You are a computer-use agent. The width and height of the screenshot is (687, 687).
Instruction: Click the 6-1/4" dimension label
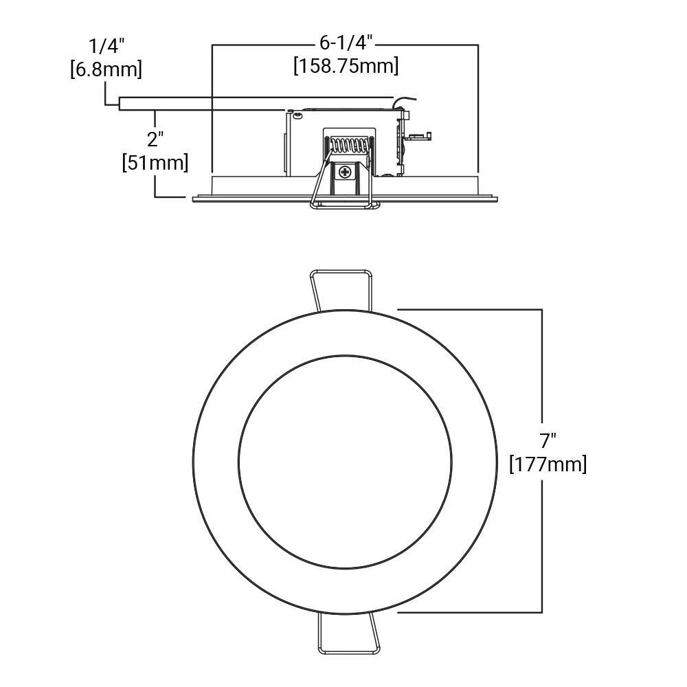(x=346, y=43)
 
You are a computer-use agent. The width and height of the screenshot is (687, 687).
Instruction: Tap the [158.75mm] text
(x=346, y=66)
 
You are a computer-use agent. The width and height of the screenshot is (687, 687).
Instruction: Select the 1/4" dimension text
(x=106, y=45)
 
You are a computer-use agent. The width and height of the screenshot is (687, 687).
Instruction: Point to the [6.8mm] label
(x=106, y=69)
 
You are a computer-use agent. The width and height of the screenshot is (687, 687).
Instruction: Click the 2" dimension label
(x=155, y=139)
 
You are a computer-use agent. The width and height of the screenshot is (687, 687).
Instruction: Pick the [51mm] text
(x=155, y=162)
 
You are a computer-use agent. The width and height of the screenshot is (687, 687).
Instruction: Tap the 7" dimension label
(x=548, y=440)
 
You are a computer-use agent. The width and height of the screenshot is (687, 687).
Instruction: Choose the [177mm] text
(x=548, y=464)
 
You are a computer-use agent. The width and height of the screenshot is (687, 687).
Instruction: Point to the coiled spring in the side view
(x=349, y=145)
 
